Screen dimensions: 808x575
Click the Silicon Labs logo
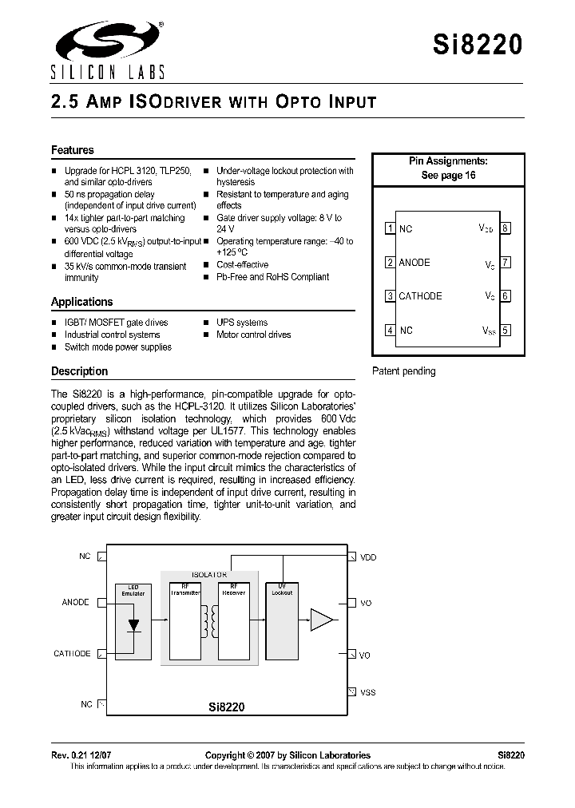coord(108,50)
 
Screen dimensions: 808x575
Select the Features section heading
coord(73,150)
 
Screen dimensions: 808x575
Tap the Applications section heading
coord(82,302)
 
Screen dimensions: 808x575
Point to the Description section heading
coord(79,371)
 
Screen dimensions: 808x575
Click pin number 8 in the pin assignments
coord(506,228)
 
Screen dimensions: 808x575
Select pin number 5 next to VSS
coord(506,330)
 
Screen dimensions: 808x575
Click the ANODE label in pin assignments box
coord(414,263)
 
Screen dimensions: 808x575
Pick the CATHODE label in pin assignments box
coord(420,296)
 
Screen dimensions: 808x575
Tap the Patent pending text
coord(404,371)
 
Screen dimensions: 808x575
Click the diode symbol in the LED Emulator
coord(133,624)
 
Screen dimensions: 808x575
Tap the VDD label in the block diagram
coord(368,557)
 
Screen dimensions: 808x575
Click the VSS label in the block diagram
coord(367,692)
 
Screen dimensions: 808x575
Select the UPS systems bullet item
coord(242,323)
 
